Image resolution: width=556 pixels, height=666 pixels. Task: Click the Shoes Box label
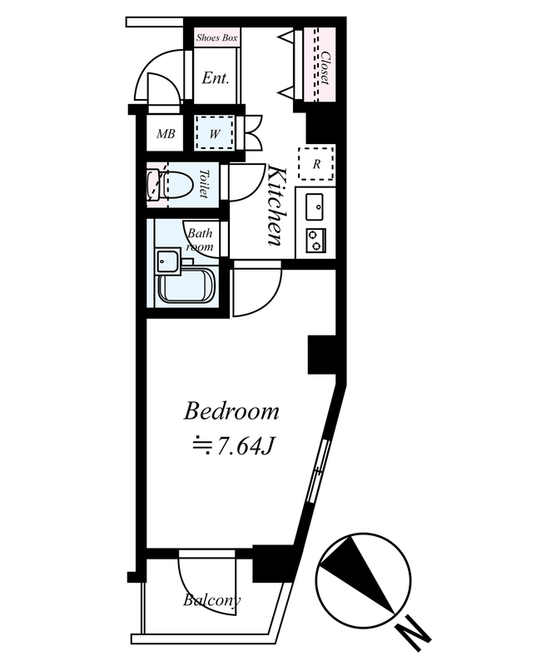[x=216, y=37]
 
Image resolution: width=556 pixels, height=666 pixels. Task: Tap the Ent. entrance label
[x=216, y=77]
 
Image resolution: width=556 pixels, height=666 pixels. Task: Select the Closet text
[x=325, y=68]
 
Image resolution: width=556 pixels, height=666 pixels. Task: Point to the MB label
[x=166, y=134]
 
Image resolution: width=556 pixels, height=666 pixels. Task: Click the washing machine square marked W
[x=215, y=132]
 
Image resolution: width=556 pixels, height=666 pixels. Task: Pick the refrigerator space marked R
[x=316, y=163]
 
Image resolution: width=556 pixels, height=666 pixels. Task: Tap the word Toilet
[x=204, y=183]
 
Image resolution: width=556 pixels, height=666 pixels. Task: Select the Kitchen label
[x=275, y=206]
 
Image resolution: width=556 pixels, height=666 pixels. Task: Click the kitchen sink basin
[x=315, y=207]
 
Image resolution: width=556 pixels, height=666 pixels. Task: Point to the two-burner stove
[x=316, y=240]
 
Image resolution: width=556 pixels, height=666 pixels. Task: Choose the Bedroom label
[x=231, y=412]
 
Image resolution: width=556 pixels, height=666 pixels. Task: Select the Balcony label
[x=212, y=600]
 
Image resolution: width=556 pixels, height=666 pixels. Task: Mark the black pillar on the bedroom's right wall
[x=322, y=355]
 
